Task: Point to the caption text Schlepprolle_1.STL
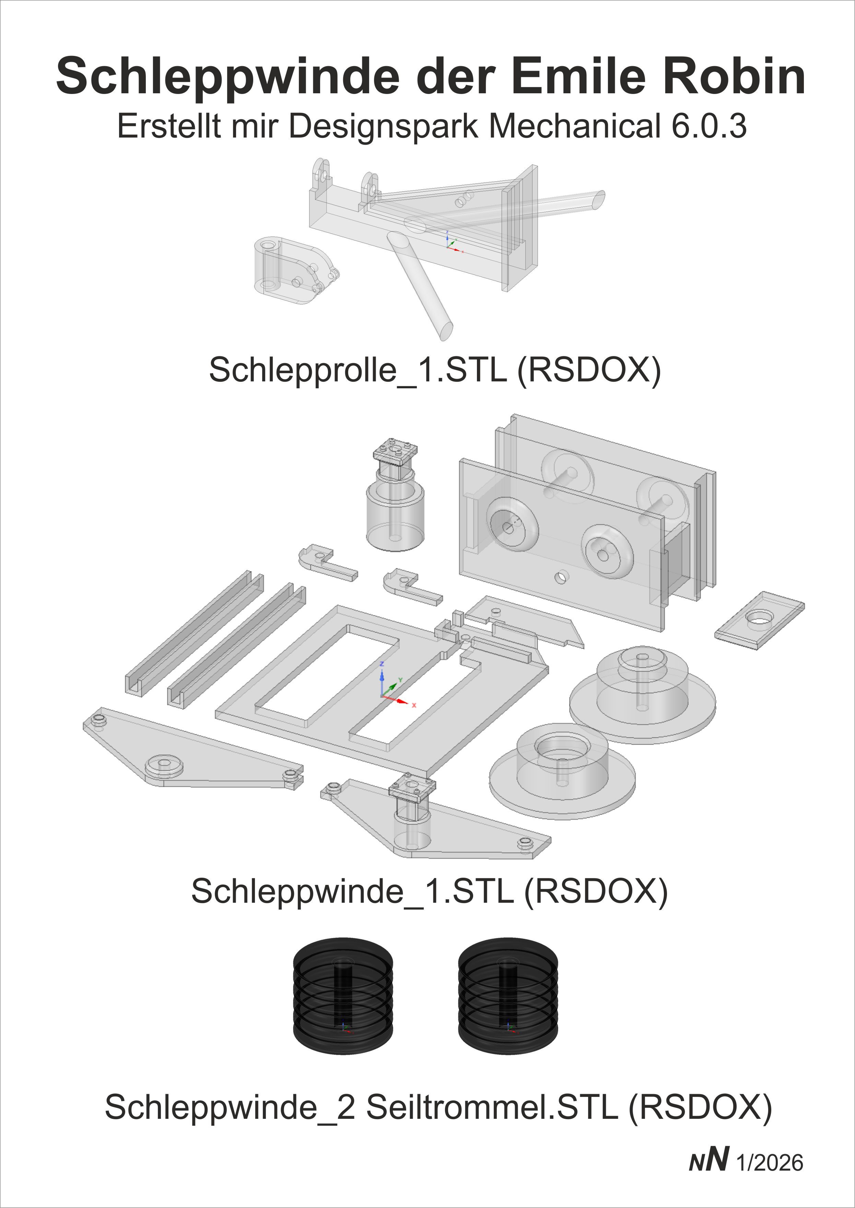(x=358, y=370)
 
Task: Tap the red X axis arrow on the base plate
(x=403, y=702)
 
